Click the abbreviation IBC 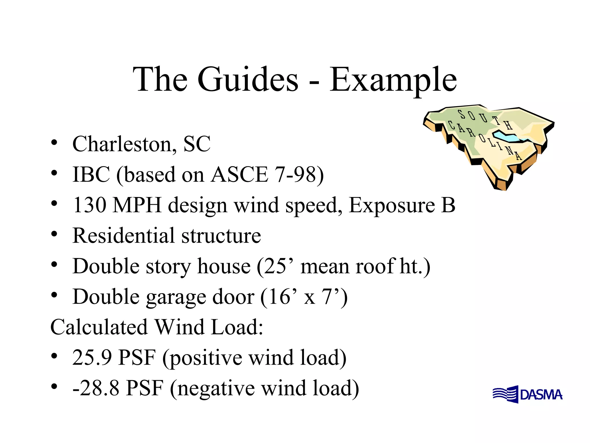pyautogui.click(x=91, y=174)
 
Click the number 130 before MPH pyautogui.click(x=90, y=205)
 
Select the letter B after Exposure pyautogui.click(x=448, y=205)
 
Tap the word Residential pyautogui.click(x=124, y=235)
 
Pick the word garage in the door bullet pyautogui.click(x=176, y=297)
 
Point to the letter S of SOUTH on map pyautogui.click(x=462, y=114)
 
